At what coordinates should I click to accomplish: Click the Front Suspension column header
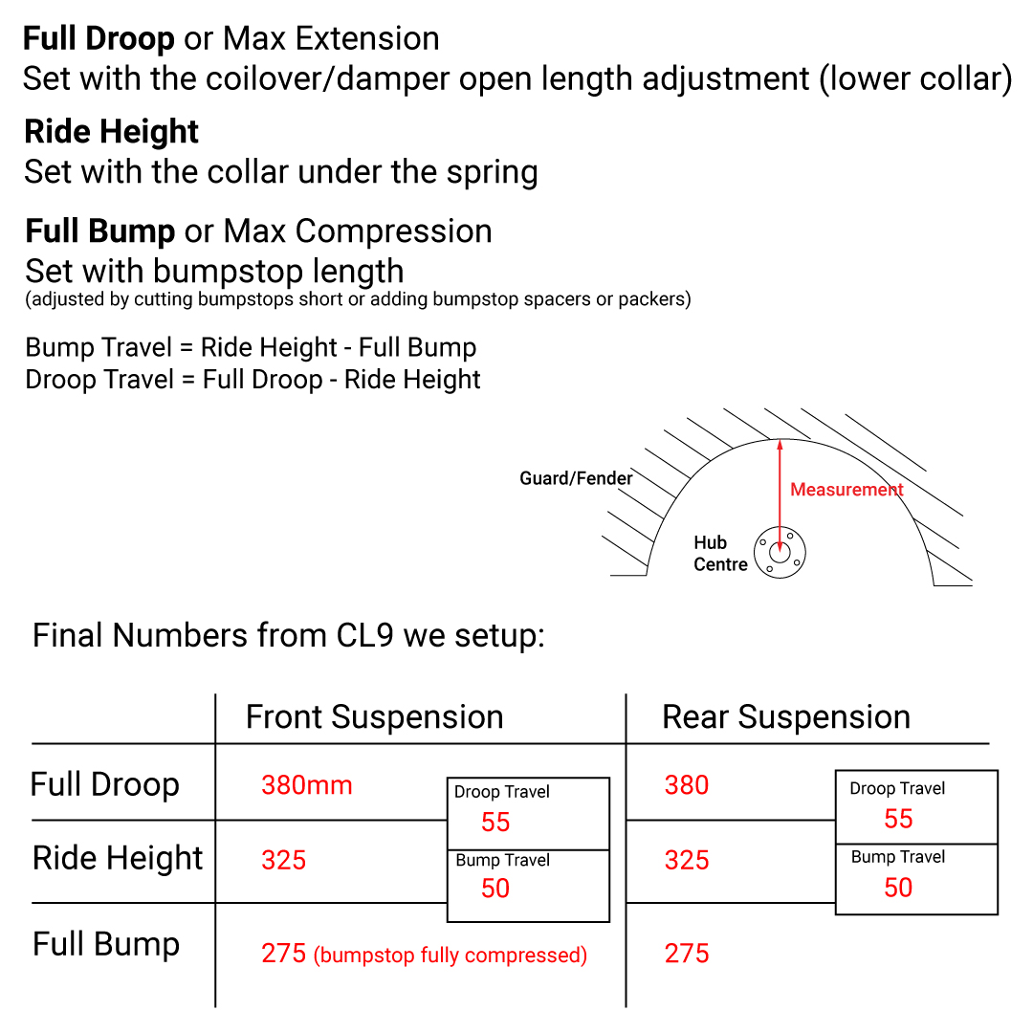click(374, 717)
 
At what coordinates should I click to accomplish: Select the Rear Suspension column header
click(786, 717)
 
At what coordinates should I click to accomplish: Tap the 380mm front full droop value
click(307, 785)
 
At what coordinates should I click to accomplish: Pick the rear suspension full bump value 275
click(687, 954)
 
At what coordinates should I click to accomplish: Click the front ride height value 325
click(284, 861)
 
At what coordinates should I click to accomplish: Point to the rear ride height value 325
click(687, 861)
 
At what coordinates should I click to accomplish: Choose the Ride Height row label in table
click(118, 858)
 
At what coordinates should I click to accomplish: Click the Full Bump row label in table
click(106, 944)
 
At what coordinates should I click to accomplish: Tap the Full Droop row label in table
click(105, 785)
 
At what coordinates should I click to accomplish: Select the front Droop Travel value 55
click(495, 823)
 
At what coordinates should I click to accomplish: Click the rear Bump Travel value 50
click(898, 888)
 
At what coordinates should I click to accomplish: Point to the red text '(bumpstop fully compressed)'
click(450, 956)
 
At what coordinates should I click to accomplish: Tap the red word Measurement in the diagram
click(846, 490)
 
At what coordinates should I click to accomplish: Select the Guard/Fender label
click(576, 478)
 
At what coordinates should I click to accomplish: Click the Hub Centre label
click(720, 554)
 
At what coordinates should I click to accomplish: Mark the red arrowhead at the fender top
click(780, 445)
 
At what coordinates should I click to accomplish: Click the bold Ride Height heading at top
click(111, 132)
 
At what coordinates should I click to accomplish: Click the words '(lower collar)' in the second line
click(915, 79)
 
